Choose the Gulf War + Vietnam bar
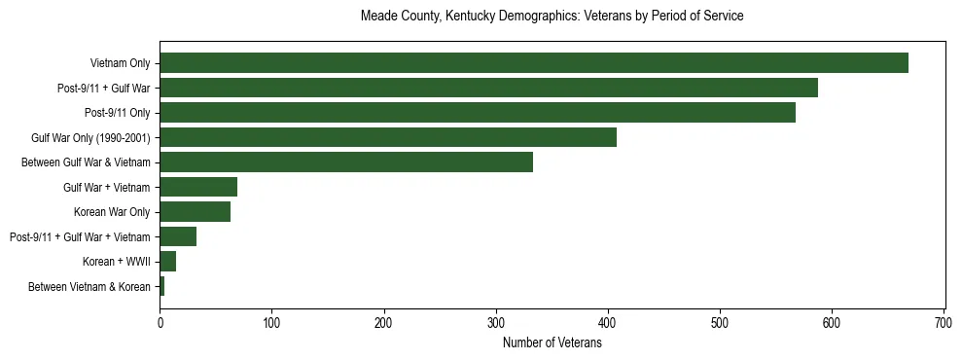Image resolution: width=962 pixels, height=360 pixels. coord(198,187)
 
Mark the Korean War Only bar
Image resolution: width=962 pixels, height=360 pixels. coord(195,212)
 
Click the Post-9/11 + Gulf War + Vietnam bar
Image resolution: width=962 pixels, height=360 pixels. coord(178,236)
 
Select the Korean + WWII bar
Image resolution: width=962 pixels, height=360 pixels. coord(167,262)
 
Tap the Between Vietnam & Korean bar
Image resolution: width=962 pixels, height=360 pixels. coord(162,286)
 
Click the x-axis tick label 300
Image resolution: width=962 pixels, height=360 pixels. coord(496,322)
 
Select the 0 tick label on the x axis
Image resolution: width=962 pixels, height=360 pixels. coord(160,322)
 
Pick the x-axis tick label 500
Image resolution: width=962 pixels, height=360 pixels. coord(720,322)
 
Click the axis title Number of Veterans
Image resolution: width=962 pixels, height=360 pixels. coord(552,342)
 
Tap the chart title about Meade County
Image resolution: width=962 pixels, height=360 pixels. coord(552,17)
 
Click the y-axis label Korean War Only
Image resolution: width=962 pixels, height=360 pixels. coord(112,212)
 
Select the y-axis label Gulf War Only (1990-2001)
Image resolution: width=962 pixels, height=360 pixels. coord(90,137)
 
